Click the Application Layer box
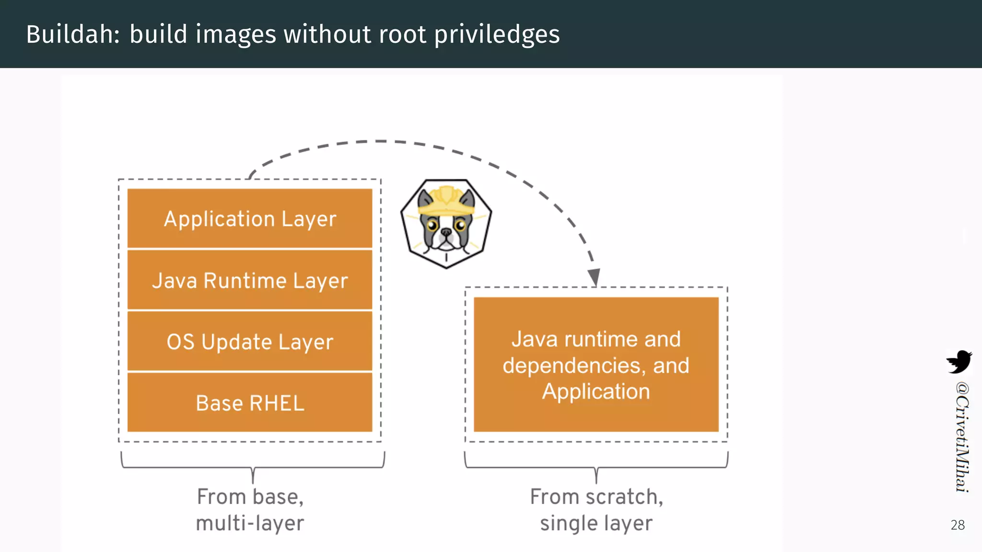[249, 218]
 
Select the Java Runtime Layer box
[249, 280]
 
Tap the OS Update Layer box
[249, 342]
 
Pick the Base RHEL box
[249, 402]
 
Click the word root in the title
[402, 34]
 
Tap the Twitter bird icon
[959, 362]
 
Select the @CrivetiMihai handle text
[961, 437]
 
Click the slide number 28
[958, 525]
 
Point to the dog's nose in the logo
[446, 232]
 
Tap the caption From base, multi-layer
[250, 510]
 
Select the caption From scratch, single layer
[596, 510]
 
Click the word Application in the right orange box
[596, 391]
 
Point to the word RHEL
[277, 403]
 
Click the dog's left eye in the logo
[433, 225]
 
